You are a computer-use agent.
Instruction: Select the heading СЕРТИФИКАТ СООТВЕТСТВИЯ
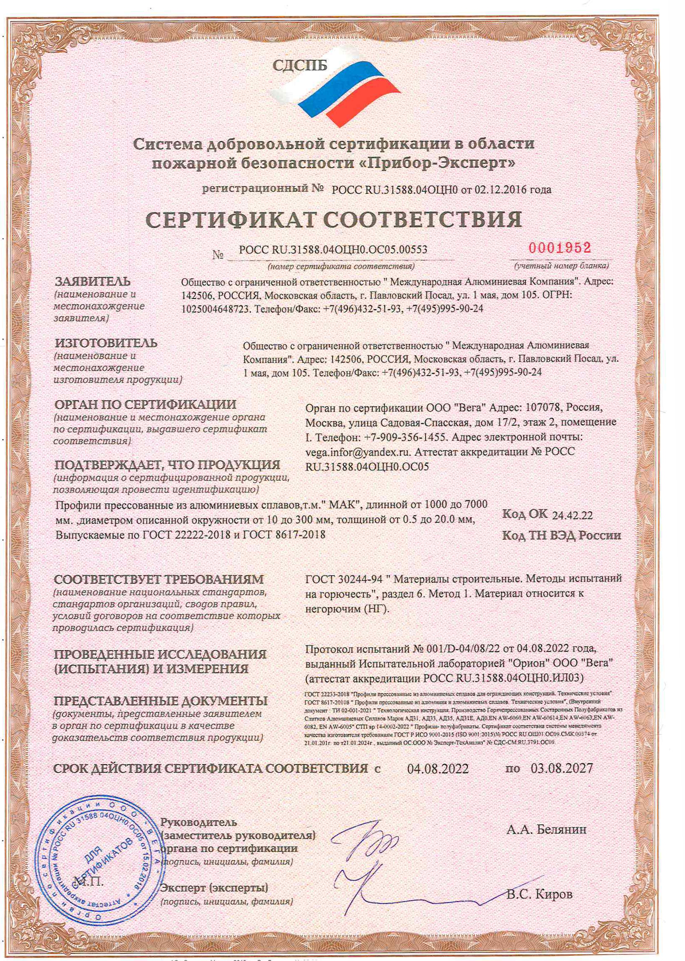(x=333, y=220)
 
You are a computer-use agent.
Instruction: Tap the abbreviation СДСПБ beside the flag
(x=299, y=66)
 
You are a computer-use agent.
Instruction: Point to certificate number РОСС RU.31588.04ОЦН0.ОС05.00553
(x=333, y=250)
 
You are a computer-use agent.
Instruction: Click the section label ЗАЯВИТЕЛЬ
(x=93, y=282)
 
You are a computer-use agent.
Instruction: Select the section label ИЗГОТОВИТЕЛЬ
(x=106, y=343)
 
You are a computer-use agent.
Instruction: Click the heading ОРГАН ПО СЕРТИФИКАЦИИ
(x=145, y=404)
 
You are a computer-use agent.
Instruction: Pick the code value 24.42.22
(x=572, y=515)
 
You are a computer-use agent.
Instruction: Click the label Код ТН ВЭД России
(x=561, y=535)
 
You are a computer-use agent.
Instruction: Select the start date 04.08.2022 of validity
(x=438, y=769)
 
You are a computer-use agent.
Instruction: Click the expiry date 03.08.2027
(x=561, y=769)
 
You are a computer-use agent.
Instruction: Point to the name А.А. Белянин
(x=546, y=829)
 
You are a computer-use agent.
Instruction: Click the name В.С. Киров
(x=539, y=894)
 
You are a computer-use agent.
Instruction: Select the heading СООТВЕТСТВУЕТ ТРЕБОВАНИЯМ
(x=159, y=579)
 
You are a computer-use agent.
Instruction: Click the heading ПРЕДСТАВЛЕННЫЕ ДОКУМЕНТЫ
(x=160, y=701)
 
